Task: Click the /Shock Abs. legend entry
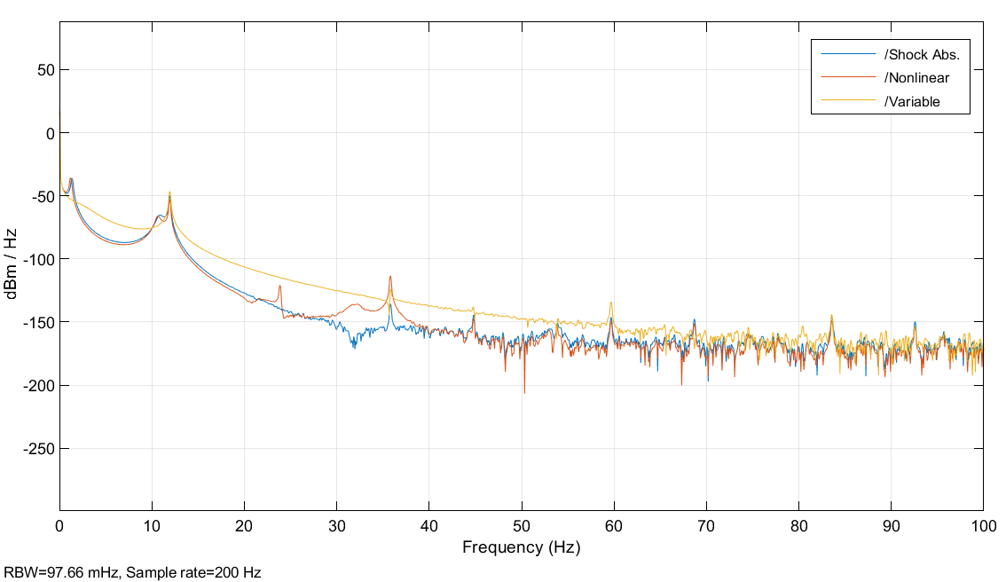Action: [x=922, y=55]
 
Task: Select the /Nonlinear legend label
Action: [x=916, y=78]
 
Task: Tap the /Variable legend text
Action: [x=912, y=101]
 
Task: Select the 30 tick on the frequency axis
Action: [x=336, y=526]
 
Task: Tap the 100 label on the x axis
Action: [x=982, y=526]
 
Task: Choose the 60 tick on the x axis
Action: [x=614, y=526]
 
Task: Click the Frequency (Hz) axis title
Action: [x=521, y=548]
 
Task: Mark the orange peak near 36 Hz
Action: [x=389, y=277]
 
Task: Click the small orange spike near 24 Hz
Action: [x=279, y=286]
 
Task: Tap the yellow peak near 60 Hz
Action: [x=610, y=303]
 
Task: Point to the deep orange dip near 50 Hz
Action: [x=524, y=391]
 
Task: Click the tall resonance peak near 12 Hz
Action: [x=169, y=193]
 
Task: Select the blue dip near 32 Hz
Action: [x=354, y=346]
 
